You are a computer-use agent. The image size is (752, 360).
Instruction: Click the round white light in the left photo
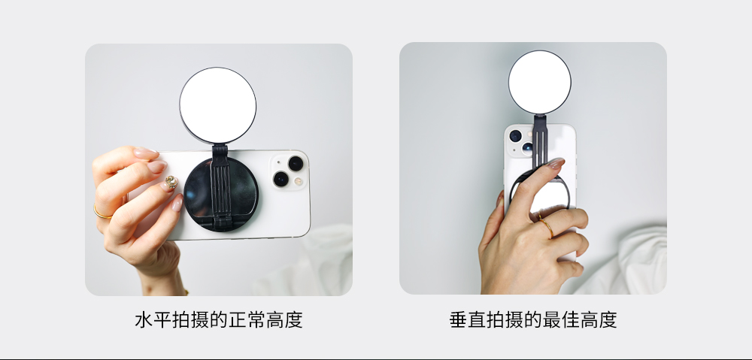pyautogui.click(x=218, y=105)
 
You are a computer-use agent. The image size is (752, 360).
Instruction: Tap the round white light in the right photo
pyautogui.click(x=539, y=83)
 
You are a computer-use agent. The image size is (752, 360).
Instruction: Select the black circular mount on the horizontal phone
pyautogui.click(x=221, y=195)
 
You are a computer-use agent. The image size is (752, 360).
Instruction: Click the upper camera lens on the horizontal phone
pyautogui.click(x=296, y=163)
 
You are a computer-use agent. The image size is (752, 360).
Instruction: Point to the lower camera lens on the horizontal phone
pyautogui.click(x=280, y=180)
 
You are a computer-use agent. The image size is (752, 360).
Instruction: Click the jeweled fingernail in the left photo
pyautogui.click(x=171, y=183)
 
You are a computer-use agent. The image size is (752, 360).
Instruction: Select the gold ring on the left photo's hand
pyautogui.click(x=102, y=213)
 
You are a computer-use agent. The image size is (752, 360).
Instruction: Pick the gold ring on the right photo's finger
pyautogui.click(x=546, y=225)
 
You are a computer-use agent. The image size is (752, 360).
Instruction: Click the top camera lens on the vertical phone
pyautogui.click(x=516, y=136)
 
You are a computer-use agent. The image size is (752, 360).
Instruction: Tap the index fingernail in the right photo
pyautogui.click(x=556, y=163)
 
